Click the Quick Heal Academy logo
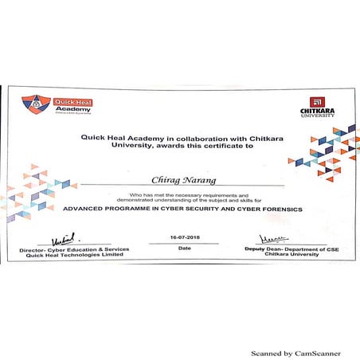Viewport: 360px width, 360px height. pos(57,106)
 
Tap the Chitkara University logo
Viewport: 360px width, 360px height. pos(316,106)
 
